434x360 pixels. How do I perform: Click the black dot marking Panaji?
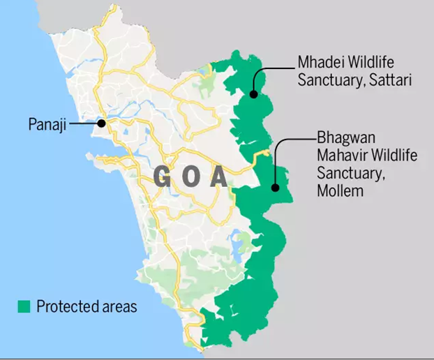102,123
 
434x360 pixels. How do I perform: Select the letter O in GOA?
188,177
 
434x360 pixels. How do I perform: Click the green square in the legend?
23,306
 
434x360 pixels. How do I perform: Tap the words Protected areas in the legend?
87,306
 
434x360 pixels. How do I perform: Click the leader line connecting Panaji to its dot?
84,123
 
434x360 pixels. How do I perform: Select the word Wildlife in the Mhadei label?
376,63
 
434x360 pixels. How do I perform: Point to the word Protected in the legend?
66,306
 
